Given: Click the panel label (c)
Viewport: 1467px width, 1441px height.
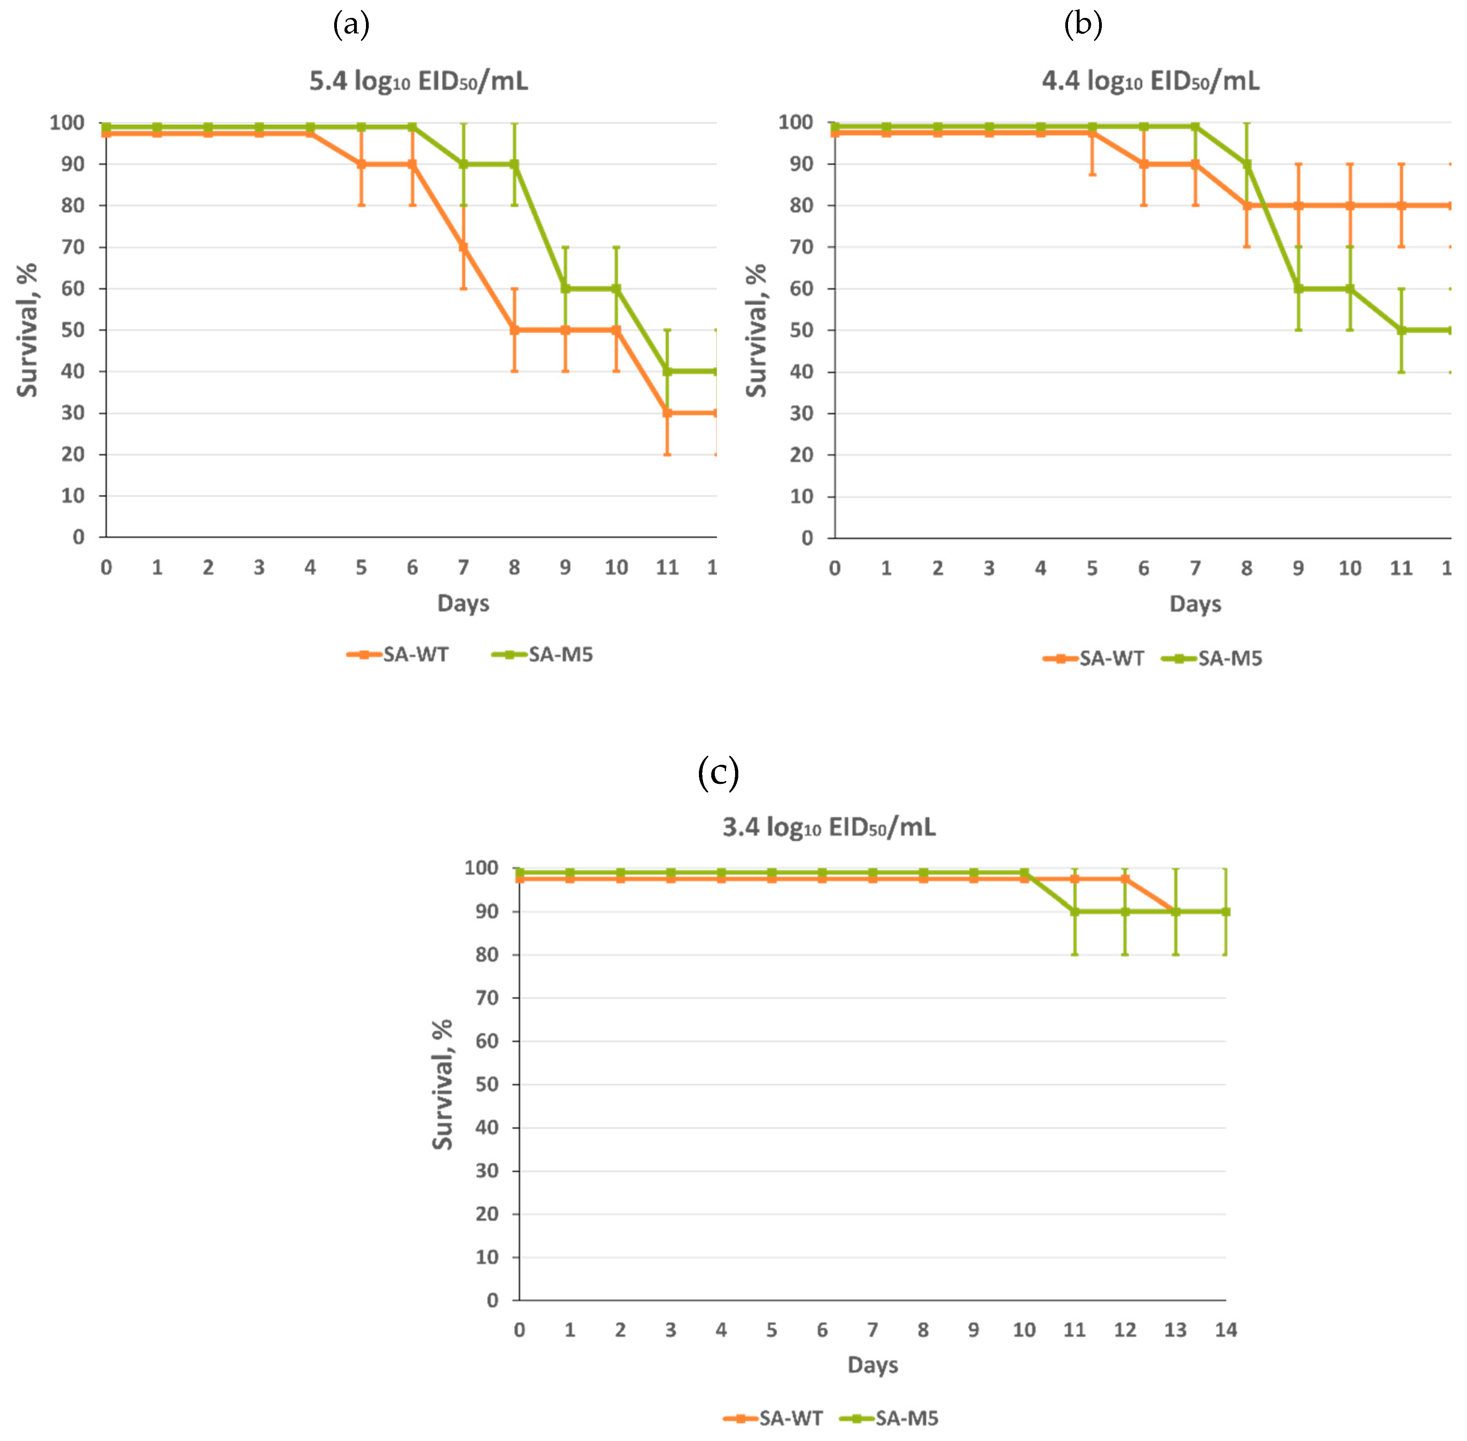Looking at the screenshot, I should (718, 772).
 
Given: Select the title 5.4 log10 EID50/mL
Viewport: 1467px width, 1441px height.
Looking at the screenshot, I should (418, 80).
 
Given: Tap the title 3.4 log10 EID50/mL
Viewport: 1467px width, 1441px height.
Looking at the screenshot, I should (829, 826).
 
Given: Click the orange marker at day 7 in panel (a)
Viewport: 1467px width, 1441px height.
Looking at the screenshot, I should (463, 247).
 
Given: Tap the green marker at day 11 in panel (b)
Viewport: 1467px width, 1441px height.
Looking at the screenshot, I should (1401, 330).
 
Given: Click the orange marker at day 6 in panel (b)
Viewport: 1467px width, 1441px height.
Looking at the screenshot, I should (1144, 163).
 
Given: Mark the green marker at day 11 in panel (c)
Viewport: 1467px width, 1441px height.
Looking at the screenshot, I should (1074, 911).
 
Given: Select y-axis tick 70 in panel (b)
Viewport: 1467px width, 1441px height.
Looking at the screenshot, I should (801, 247).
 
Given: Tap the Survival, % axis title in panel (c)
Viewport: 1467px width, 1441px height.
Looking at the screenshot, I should (442, 1084).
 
